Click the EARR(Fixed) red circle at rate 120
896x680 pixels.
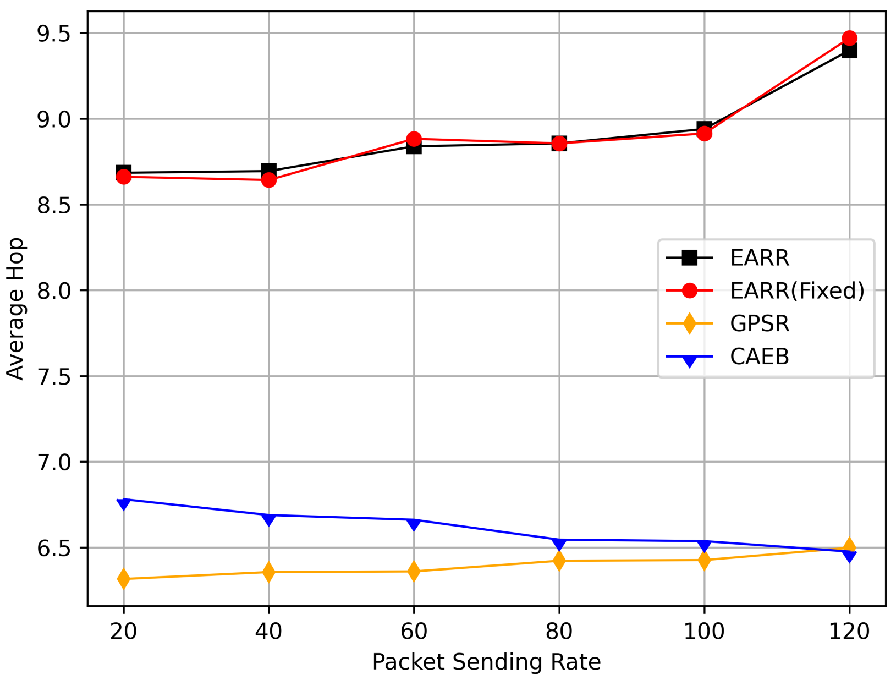pos(849,39)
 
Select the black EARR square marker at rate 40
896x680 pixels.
pos(268,171)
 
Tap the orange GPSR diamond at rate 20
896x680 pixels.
pos(123,579)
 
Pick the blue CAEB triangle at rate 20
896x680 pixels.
pos(123,503)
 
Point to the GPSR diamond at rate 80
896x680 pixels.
pos(559,561)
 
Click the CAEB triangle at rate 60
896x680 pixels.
pos(414,523)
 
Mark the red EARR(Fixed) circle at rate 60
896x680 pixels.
pos(414,139)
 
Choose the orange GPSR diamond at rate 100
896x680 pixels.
pos(704,560)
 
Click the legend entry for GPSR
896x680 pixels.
pos(760,323)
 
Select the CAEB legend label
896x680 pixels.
pos(760,357)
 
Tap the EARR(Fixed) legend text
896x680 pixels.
pos(797,290)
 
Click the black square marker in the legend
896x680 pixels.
pos(689,257)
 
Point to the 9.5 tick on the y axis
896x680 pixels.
pos(54,34)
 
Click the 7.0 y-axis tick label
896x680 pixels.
pos(54,462)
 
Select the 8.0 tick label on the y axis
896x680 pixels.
pos(54,290)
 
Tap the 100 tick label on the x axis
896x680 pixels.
pos(704,631)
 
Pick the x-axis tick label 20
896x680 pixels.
pos(123,631)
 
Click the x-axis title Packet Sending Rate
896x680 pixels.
pos(486,662)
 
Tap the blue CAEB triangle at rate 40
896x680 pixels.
pos(268,518)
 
